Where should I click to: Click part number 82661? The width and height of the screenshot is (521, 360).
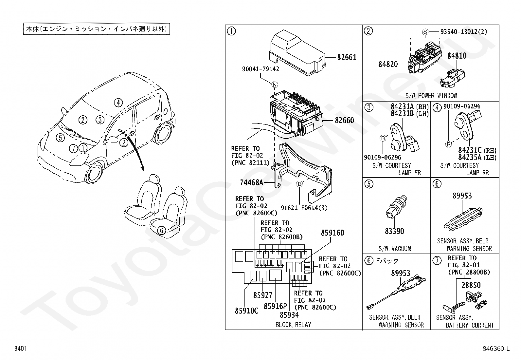[x=347, y=57]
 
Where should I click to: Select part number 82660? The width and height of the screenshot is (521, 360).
[x=344, y=120]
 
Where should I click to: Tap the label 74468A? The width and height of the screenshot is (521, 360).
[x=251, y=182]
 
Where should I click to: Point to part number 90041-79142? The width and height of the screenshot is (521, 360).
[x=260, y=69]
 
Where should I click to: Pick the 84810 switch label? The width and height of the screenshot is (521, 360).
[x=457, y=56]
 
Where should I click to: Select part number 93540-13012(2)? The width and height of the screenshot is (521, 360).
[x=463, y=32]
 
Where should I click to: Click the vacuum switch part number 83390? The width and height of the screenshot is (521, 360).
[x=394, y=231]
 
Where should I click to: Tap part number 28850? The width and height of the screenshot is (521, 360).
[x=471, y=285]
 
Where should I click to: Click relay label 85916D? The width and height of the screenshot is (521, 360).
[x=332, y=233]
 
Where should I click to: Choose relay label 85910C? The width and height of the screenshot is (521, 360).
[x=246, y=311]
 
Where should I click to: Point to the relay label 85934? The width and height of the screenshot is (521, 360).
[x=289, y=315]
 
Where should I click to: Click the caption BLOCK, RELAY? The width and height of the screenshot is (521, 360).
[x=293, y=325]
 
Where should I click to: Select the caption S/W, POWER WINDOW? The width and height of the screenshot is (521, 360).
[x=431, y=96]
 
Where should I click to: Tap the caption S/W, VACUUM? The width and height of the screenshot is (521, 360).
[x=394, y=249]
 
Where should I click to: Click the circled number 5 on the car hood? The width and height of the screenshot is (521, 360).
[x=60, y=138]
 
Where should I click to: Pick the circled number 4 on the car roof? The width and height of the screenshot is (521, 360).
[x=118, y=103]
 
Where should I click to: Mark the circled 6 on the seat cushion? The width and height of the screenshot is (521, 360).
[x=161, y=231]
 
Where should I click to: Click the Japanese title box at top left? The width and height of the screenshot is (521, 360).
[x=97, y=29]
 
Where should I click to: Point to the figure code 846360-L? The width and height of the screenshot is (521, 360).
[x=496, y=349]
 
